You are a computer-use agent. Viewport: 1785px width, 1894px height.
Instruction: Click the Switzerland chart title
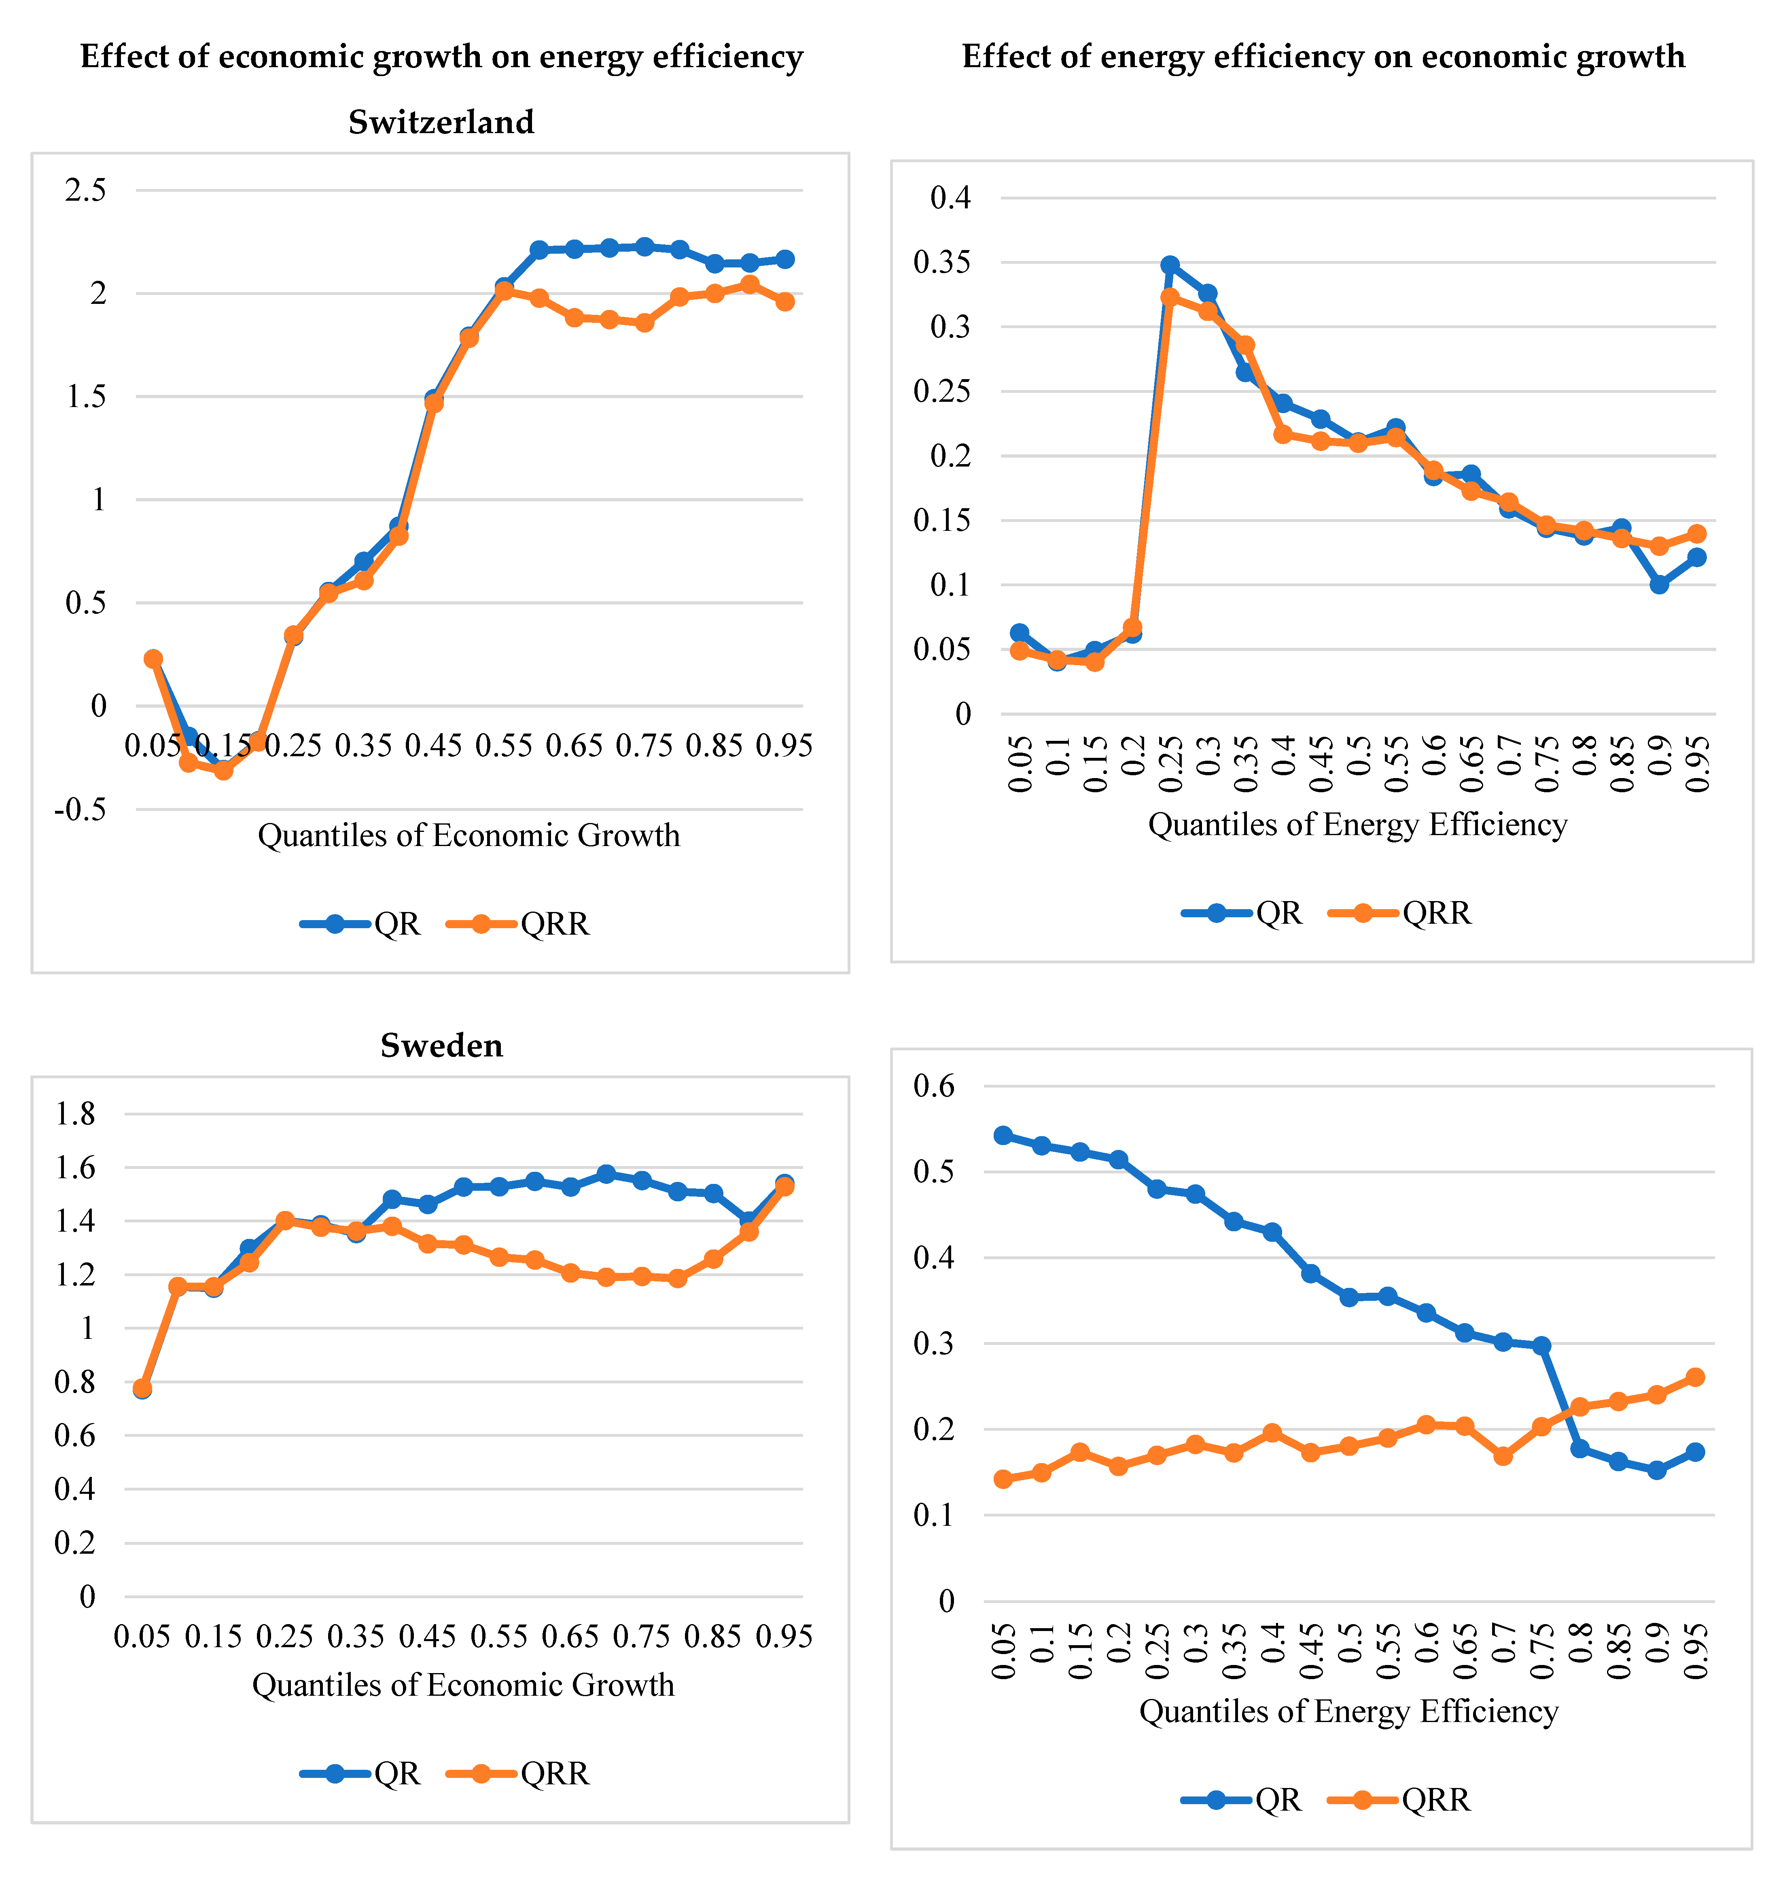click(441, 122)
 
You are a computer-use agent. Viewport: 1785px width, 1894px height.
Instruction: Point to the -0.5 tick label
click(81, 810)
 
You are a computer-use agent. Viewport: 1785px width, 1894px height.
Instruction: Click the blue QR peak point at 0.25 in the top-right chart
click(1170, 265)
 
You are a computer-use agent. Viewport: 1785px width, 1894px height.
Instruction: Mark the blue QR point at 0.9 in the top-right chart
click(1659, 584)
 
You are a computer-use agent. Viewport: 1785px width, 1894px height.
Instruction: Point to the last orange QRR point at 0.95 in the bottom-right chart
click(1696, 1376)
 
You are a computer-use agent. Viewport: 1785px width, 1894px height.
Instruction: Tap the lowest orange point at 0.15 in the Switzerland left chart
click(223, 770)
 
